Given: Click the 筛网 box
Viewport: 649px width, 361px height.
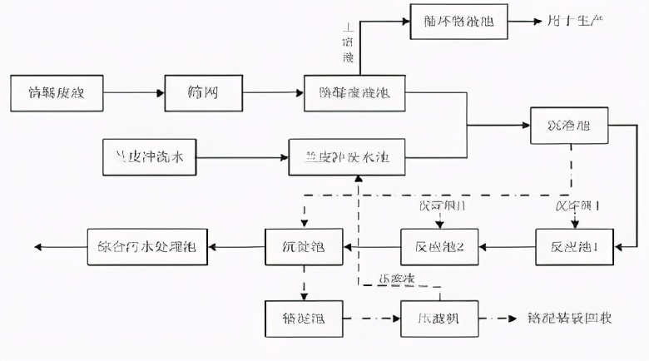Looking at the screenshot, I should coord(204,93).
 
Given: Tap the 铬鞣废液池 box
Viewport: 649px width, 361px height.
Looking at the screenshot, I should coord(354,93).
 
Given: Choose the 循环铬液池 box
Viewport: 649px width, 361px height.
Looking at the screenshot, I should coord(458,21).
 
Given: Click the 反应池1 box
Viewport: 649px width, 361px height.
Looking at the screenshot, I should coord(574,246).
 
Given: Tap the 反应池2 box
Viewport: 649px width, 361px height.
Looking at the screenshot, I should coord(438,246).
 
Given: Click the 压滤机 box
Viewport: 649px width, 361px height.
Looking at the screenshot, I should coord(438,319).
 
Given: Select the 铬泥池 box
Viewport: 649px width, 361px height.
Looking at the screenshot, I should coord(303,319).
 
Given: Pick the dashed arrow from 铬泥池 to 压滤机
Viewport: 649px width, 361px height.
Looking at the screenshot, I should coord(370,319).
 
